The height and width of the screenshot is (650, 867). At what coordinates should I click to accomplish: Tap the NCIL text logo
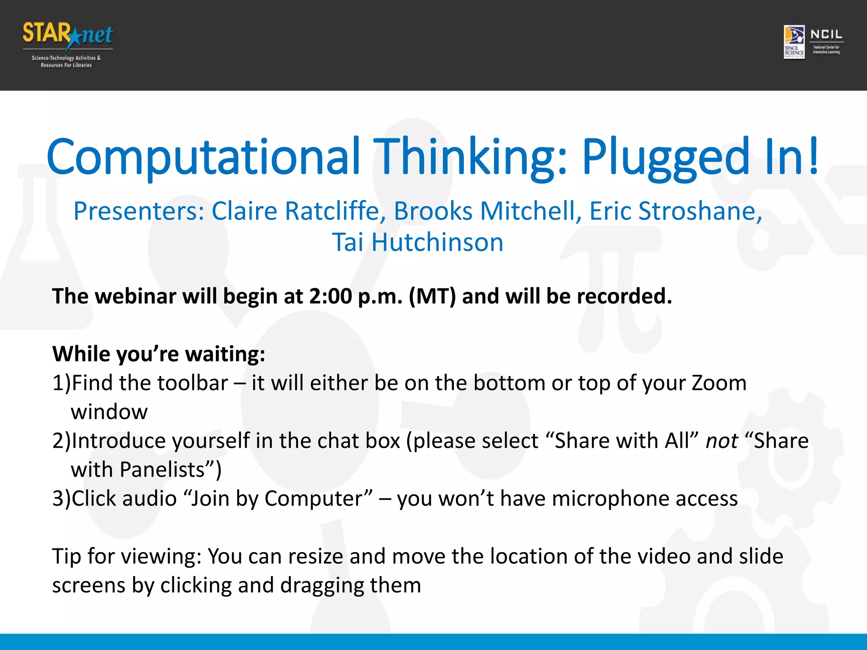826,35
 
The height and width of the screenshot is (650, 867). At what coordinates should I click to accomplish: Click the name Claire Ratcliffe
295,211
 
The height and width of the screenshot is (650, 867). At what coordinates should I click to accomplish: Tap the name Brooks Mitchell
484,211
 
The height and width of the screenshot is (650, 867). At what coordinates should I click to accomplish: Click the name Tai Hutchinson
417,242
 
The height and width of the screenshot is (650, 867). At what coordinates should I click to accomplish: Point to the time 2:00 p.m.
356,296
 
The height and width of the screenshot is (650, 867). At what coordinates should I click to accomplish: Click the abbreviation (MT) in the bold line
432,296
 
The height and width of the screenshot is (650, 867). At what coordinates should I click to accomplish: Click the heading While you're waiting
159,354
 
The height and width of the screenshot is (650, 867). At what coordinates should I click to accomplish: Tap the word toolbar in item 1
193,383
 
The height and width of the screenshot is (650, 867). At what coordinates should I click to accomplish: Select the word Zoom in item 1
719,383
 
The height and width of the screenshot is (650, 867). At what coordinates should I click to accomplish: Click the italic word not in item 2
721,441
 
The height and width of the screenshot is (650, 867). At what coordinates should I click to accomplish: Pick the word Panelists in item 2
162,470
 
